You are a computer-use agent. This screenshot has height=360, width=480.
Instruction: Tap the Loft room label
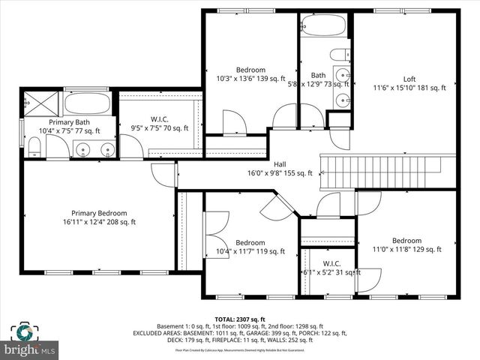pos(409,79)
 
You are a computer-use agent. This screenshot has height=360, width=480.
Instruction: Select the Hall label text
pos(279,164)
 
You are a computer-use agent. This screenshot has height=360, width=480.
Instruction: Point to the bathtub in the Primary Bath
pos(88,103)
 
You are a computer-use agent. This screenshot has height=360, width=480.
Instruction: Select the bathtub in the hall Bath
pos(323,25)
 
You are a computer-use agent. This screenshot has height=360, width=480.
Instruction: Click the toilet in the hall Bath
pos(340,55)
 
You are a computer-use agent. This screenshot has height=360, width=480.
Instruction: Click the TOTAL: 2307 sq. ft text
pos(240,319)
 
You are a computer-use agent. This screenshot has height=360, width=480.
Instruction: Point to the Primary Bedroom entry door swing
pos(163,174)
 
